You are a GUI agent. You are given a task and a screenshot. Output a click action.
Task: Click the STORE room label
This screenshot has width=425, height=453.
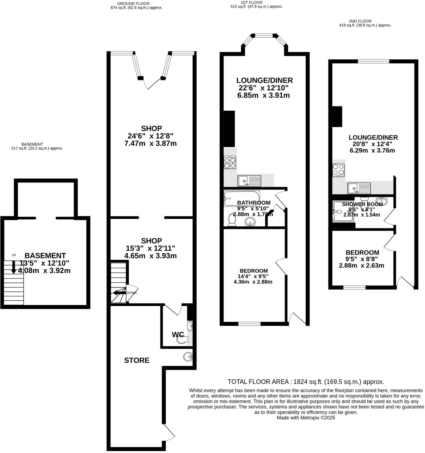click(x=137, y=360)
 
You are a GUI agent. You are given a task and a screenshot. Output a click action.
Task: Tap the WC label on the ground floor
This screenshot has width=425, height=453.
click(x=178, y=334)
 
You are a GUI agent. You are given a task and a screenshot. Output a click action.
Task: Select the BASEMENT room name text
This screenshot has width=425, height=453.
click(x=45, y=255)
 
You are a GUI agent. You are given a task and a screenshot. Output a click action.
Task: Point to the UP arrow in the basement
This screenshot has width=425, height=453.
click(x=14, y=267)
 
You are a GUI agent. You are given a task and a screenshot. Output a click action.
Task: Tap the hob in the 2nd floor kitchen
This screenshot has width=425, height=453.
click(x=338, y=170)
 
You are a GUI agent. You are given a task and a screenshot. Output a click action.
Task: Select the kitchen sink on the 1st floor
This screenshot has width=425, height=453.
click(x=249, y=181)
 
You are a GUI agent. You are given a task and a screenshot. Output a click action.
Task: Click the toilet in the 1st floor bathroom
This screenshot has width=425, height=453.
click(x=232, y=220)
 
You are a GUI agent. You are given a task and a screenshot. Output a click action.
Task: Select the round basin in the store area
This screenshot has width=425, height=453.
click(x=188, y=356)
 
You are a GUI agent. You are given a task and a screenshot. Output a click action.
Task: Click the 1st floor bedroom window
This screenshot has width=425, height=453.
click(x=249, y=324)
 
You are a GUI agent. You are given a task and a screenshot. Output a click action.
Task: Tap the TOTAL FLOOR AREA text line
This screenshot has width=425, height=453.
click(x=306, y=382)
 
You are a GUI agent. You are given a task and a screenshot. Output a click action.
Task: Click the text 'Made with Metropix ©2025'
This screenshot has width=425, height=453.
click(x=306, y=418)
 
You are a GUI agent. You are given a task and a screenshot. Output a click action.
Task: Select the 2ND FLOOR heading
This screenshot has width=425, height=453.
click(x=360, y=21)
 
